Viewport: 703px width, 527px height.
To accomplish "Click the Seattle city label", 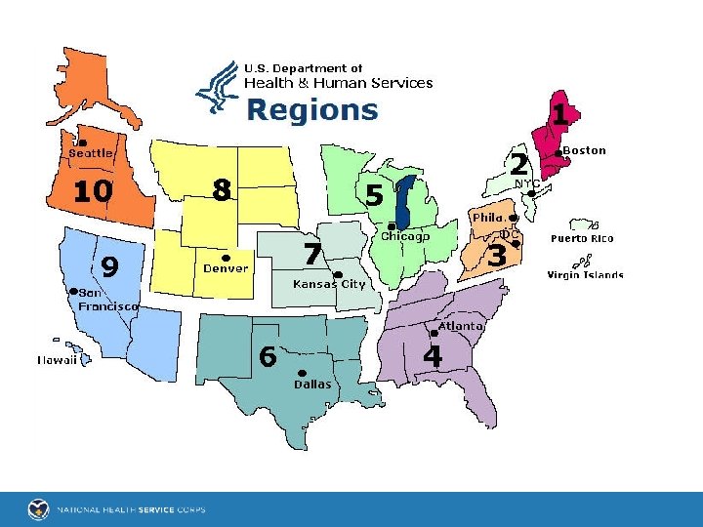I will coord(91,153).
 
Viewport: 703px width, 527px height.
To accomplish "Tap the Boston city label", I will coord(584,150).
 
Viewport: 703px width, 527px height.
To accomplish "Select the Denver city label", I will coord(226,268).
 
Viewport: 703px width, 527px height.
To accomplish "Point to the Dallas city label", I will coord(312,384).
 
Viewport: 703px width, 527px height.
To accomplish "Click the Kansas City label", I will coord(329,284).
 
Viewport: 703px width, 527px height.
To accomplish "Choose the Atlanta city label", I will coord(460,326).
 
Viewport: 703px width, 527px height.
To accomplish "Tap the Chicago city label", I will coord(405,236).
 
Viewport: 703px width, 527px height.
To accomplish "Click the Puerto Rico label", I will coord(582,238).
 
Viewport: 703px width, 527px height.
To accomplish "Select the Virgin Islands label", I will coord(585,275).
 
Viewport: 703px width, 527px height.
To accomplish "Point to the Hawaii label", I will coord(58,360).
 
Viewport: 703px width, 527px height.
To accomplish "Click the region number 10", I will coord(93,191).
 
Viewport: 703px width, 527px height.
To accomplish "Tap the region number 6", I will coord(268,357).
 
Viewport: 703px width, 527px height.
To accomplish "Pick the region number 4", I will coord(433,357).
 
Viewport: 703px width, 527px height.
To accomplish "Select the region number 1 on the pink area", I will coord(559,115).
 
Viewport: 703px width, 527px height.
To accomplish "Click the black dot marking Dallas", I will coord(302,372).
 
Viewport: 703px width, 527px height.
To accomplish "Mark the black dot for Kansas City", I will coord(337,274).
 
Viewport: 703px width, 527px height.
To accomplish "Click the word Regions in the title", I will coord(311,109).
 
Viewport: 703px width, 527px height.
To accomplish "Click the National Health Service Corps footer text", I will coord(130,509).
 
